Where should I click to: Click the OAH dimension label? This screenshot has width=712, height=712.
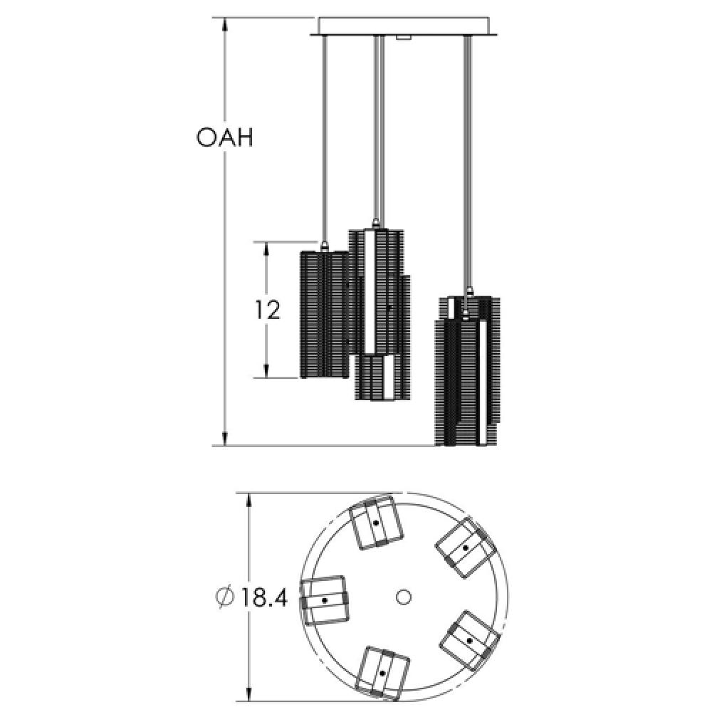click(224, 137)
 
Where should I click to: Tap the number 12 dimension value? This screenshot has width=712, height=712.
click(267, 310)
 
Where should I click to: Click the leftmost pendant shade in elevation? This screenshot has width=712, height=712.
click(323, 313)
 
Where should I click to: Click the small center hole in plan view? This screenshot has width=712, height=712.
click(404, 596)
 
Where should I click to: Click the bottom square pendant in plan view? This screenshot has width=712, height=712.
click(383, 671)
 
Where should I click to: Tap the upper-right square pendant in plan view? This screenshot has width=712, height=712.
click(466, 548)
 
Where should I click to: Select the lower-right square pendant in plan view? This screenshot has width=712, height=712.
click(468, 639)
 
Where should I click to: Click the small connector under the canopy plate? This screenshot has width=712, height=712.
click(403, 37)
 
